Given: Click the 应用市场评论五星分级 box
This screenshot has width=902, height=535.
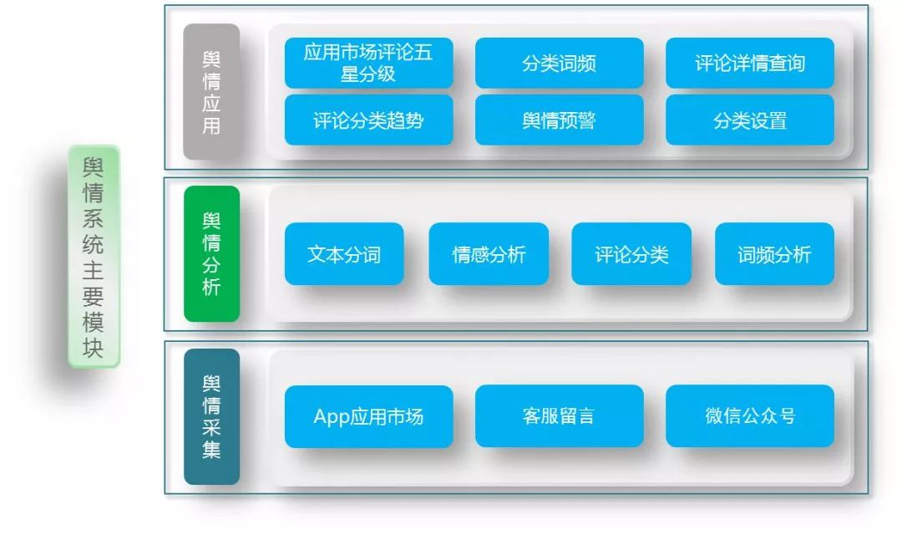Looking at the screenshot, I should (x=368, y=63).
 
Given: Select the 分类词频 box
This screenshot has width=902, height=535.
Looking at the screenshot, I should (x=559, y=63).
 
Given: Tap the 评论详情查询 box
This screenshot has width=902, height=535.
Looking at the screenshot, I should (x=749, y=63).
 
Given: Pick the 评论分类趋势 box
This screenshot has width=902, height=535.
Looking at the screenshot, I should (x=368, y=120).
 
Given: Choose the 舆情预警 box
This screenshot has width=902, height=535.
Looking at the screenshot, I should (x=559, y=120).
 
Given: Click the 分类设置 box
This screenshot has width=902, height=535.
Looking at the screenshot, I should (x=749, y=120).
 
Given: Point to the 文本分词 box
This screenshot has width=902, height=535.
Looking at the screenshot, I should (x=343, y=253).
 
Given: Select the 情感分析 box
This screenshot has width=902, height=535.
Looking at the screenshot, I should (x=489, y=253).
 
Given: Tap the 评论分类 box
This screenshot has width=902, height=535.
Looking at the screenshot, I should (x=631, y=253).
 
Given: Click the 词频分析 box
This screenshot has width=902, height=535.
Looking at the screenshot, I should (x=774, y=253).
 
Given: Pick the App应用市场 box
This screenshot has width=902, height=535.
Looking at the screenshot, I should (x=368, y=415).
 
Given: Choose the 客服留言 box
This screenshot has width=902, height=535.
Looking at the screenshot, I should (x=559, y=415).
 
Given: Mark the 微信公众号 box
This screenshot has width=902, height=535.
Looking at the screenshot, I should (x=749, y=415).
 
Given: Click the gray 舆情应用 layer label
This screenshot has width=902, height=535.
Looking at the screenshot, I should (x=211, y=92).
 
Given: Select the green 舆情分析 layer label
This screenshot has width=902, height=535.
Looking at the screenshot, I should (x=211, y=253).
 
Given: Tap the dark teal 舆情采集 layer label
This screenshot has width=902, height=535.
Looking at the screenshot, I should (x=211, y=416).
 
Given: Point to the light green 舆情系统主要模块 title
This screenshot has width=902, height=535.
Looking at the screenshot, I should (x=94, y=257).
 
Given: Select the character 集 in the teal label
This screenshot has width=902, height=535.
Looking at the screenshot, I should (x=211, y=451).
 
